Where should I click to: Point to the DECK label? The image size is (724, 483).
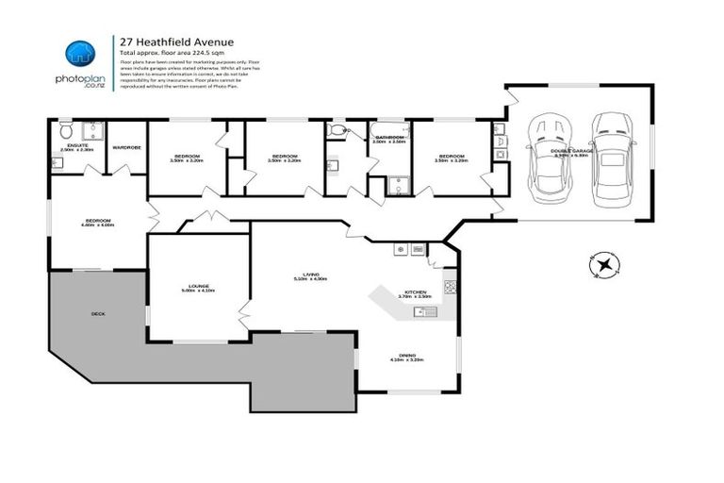[x=98, y=312]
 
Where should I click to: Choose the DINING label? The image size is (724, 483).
[x=407, y=355]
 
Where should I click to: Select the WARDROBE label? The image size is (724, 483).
[x=126, y=147]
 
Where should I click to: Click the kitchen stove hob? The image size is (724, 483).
[x=450, y=282]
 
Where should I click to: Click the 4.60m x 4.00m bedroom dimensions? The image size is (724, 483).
[x=98, y=225]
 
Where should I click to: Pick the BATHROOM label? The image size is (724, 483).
[x=390, y=138]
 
